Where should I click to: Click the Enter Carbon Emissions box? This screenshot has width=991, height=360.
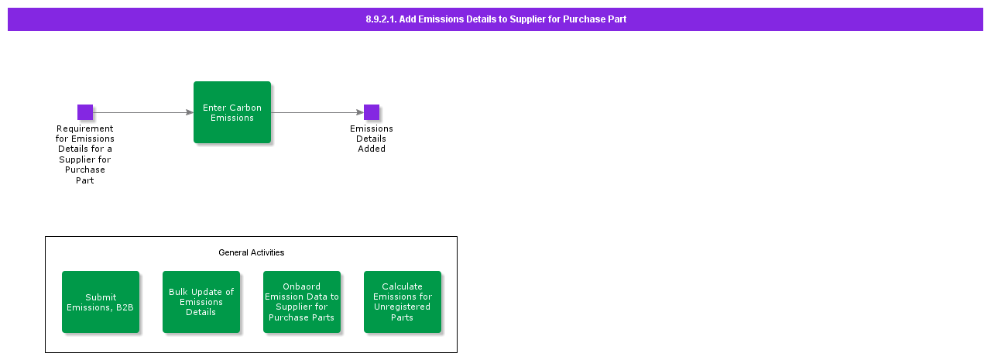pos(232,112)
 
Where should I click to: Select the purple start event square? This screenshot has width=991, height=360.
pos(85,112)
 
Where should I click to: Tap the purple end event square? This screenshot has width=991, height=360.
pos(372,112)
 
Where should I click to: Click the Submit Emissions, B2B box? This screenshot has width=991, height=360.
pos(101,302)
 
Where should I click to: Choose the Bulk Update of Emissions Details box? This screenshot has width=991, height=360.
pos(201,302)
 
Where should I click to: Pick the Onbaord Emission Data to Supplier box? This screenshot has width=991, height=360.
pos(302,302)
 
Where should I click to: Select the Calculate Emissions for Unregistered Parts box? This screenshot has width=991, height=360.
pos(403,302)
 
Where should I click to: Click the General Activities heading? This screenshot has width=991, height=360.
pos(251,252)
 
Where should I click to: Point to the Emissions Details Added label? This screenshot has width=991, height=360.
pos(372,139)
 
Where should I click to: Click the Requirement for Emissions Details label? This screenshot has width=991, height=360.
pos(85,154)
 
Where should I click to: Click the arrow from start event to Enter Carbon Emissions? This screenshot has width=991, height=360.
pos(143,112)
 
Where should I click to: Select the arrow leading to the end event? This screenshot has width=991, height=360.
pos(317,112)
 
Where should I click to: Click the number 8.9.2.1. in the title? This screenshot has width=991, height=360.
pos(381,19)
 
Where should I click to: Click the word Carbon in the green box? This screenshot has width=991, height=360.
pos(247,108)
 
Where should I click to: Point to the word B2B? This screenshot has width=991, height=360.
pos(125,307)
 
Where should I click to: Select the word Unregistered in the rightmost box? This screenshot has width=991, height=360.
pos(403,307)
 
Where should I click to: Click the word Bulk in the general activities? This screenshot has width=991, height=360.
pos(180,292)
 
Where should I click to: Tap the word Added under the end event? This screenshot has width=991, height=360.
pos(372,149)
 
